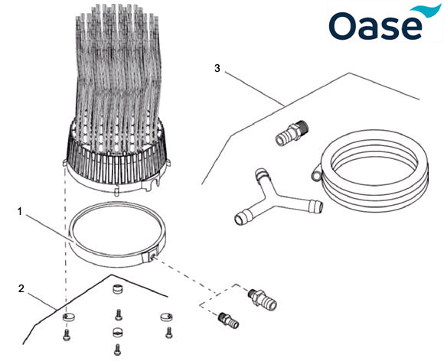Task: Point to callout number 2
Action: point(21,288)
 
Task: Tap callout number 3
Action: point(217,69)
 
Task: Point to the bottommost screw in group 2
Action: point(117,351)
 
